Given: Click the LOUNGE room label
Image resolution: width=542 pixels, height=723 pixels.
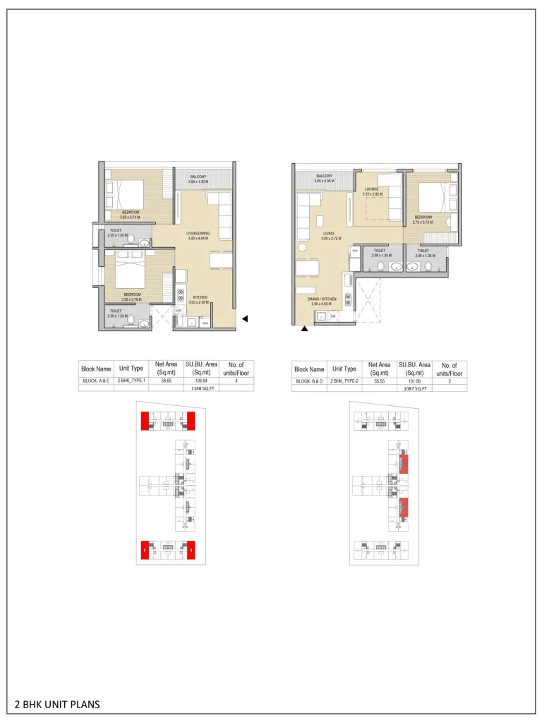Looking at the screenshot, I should (372, 189).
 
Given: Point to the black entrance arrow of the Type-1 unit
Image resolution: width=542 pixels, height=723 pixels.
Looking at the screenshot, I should (245, 319).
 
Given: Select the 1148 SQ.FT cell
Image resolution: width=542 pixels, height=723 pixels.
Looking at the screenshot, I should (201, 388).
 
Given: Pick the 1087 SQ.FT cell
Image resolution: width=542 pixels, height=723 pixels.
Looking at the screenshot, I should (414, 388).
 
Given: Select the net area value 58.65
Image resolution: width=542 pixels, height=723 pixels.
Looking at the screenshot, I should (165, 381).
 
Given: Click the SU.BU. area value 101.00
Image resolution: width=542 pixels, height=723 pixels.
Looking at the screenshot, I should (414, 381).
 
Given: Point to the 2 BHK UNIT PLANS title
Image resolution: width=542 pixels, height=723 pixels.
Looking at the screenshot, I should (57, 704).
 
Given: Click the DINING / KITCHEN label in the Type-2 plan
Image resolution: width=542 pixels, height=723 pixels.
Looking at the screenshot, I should (321, 299).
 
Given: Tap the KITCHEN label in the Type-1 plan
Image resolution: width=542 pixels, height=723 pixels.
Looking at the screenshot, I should (200, 298).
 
